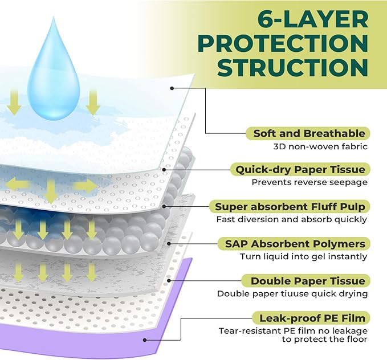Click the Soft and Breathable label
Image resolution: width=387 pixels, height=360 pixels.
click(x=305, y=134)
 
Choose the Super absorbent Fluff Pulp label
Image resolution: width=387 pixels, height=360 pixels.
click(x=290, y=206)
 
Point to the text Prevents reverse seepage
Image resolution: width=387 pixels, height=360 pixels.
click(x=309, y=182)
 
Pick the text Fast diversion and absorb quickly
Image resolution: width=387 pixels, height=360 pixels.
click(x=292, y=219)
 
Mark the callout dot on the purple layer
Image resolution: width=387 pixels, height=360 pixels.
click(x=146, y=340)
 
